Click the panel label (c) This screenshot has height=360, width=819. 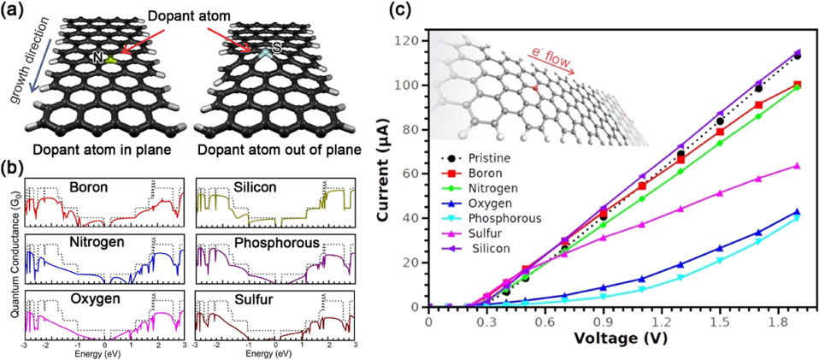[x=399, y=11]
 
